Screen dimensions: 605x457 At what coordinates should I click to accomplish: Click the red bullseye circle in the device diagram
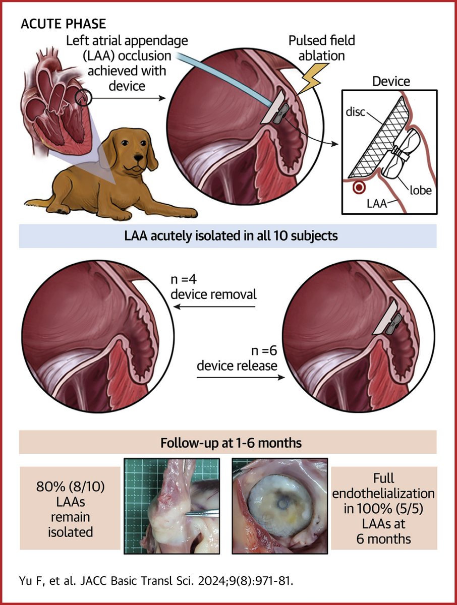(x=359, y=188)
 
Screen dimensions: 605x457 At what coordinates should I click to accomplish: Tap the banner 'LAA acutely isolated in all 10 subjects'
(x=228, y=236)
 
